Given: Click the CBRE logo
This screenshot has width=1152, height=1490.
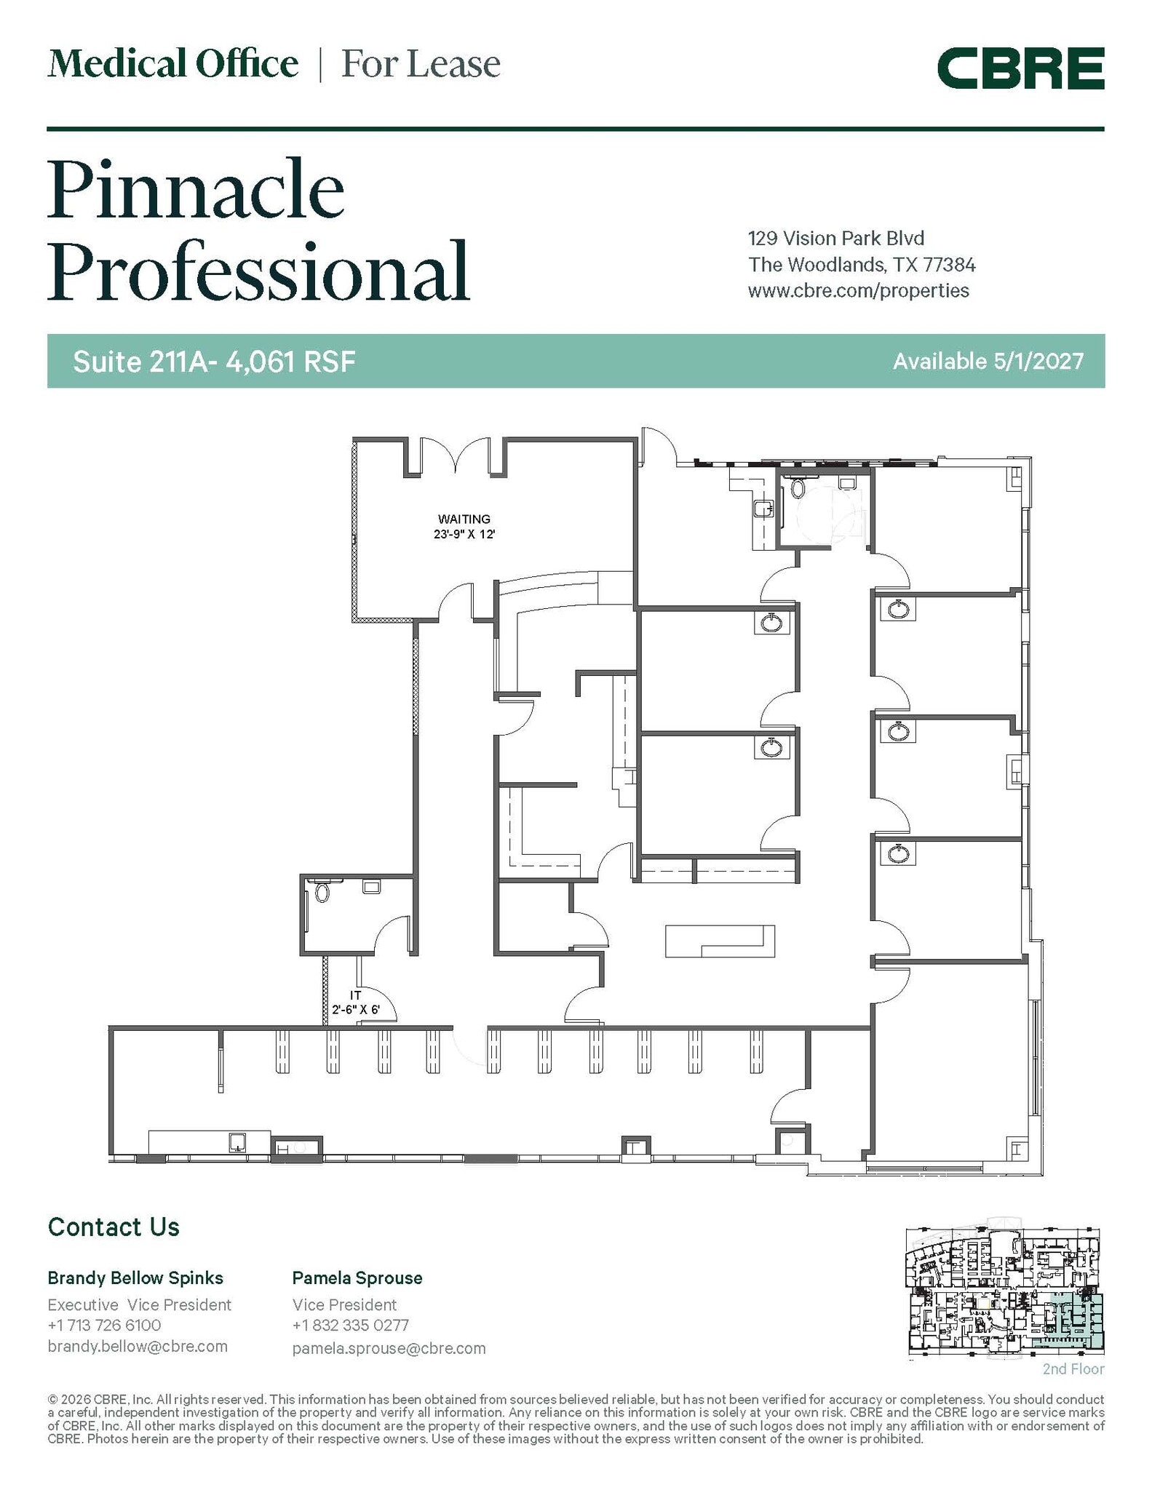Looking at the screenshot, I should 1020,68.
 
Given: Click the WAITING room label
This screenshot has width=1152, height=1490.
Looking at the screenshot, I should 464,519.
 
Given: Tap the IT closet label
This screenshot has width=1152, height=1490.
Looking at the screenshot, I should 356,995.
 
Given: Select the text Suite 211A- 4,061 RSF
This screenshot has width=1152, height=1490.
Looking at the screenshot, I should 214,362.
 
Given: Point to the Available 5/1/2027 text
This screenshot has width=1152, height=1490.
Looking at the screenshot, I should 988,362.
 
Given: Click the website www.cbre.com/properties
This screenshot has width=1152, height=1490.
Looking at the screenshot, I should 858,291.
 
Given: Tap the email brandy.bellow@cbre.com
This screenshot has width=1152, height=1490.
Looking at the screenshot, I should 138,1346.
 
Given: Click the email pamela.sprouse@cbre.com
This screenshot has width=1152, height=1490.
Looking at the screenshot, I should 389,1348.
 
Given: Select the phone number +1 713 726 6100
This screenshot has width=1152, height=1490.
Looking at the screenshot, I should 104,1325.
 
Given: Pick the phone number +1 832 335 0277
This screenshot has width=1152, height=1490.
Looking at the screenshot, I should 350,1325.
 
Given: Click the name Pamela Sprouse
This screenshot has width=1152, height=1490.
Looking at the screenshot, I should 357,1278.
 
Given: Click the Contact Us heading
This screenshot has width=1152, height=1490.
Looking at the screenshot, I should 114,1227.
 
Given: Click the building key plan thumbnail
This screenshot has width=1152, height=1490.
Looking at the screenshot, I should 1004,1292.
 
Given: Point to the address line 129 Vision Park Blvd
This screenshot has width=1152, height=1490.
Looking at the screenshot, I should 835,238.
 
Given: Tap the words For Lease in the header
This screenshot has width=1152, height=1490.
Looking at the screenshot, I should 421,64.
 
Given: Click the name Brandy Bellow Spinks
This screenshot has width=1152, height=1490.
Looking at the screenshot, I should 135,1278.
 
